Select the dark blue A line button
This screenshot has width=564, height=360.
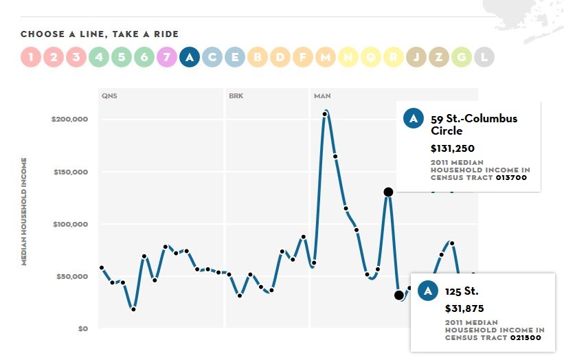point(190,57)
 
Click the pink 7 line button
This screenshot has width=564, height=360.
point(167,57)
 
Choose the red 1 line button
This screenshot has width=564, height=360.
point(31,57)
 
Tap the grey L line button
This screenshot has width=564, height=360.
point(484,57)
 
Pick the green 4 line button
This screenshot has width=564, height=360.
point(99,57)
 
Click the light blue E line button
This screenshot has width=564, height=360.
point(235,57)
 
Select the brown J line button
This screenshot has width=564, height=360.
point(416,57)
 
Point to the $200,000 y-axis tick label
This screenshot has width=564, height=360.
point(69,120)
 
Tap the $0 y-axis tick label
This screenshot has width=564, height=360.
point(82,328)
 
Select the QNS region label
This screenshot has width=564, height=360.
point(109,95)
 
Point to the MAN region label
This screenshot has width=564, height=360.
point(322,95)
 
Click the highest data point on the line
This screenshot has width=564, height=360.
point(325,113)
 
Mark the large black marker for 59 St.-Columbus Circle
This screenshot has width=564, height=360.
point(388,192)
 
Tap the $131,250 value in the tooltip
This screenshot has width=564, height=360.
point(453,148)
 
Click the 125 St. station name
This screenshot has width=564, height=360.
point(461,291)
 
